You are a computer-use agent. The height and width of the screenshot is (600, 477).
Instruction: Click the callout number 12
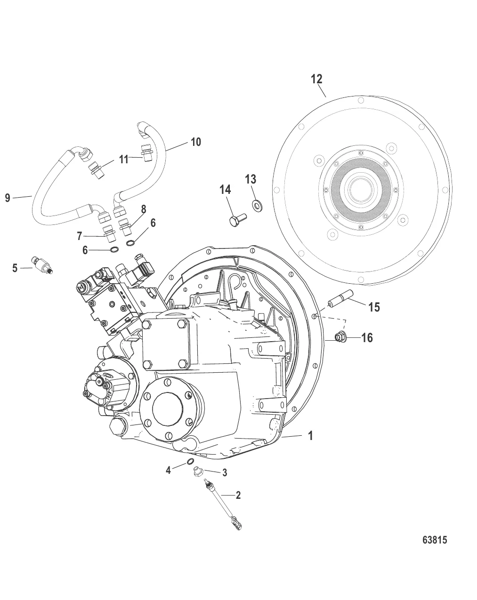(317, 79)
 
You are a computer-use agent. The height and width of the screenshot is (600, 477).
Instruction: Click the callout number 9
(8, 198)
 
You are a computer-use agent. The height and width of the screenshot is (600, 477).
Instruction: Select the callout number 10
(195, 142)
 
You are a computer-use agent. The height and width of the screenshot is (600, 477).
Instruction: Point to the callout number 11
(123, 160)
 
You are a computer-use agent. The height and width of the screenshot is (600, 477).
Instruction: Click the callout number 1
(310, 436)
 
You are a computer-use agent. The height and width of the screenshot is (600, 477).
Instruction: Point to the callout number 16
(367, 337)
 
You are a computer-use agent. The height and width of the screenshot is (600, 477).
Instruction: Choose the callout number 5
(15, 268)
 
